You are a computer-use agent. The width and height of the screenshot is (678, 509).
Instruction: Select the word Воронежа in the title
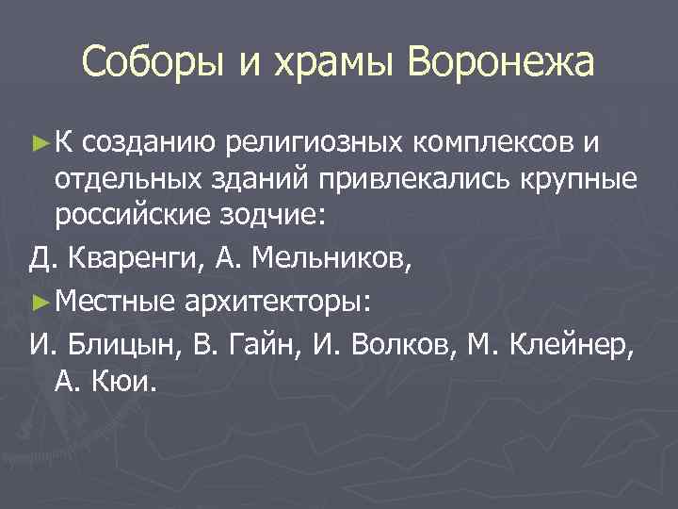(x=502, y=63)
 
